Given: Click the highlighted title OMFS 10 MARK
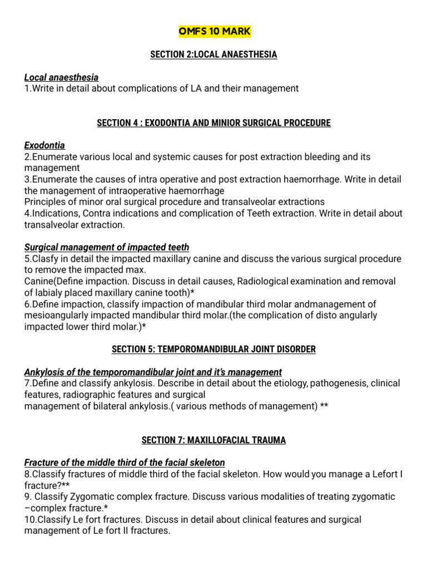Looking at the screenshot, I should [x=214, y=31].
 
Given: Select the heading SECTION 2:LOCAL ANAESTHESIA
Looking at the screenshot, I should [x=213, y=55].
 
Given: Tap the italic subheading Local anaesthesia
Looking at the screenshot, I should [x=61, y=77].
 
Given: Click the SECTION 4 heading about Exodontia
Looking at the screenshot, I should [x=213, y=123].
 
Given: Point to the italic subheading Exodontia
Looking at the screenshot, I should [x=44, y=146].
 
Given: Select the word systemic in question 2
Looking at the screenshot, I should [x=160, y=158].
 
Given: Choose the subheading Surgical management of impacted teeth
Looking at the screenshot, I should [x=107, y=247].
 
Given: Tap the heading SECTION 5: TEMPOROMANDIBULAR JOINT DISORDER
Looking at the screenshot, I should [x=213, y=350].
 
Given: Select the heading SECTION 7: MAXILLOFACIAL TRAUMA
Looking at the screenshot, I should [x=213, y=440].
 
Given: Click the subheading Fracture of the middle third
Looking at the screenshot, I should [x=125, y=463].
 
